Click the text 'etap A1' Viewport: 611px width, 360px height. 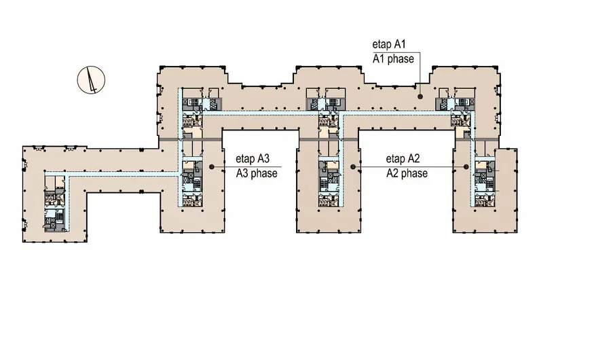[x=393, y=43]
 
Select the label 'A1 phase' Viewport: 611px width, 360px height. [x=393, y=58]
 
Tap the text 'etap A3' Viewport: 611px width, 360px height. [x=253, y=158]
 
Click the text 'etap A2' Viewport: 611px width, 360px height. [x=404, y=158]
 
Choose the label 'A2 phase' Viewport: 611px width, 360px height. [x=407, y=173]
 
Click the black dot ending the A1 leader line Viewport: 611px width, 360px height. [x=421, y=96]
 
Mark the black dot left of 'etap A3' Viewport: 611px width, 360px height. [x=212, y=166]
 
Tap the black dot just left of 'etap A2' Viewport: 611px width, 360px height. [x=352, y=166]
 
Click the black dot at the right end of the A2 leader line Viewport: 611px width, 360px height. [x=466, y=166]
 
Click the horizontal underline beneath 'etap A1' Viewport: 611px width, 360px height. [x=394, y=51]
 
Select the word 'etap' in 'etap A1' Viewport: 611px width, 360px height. [x=384, y=43]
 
